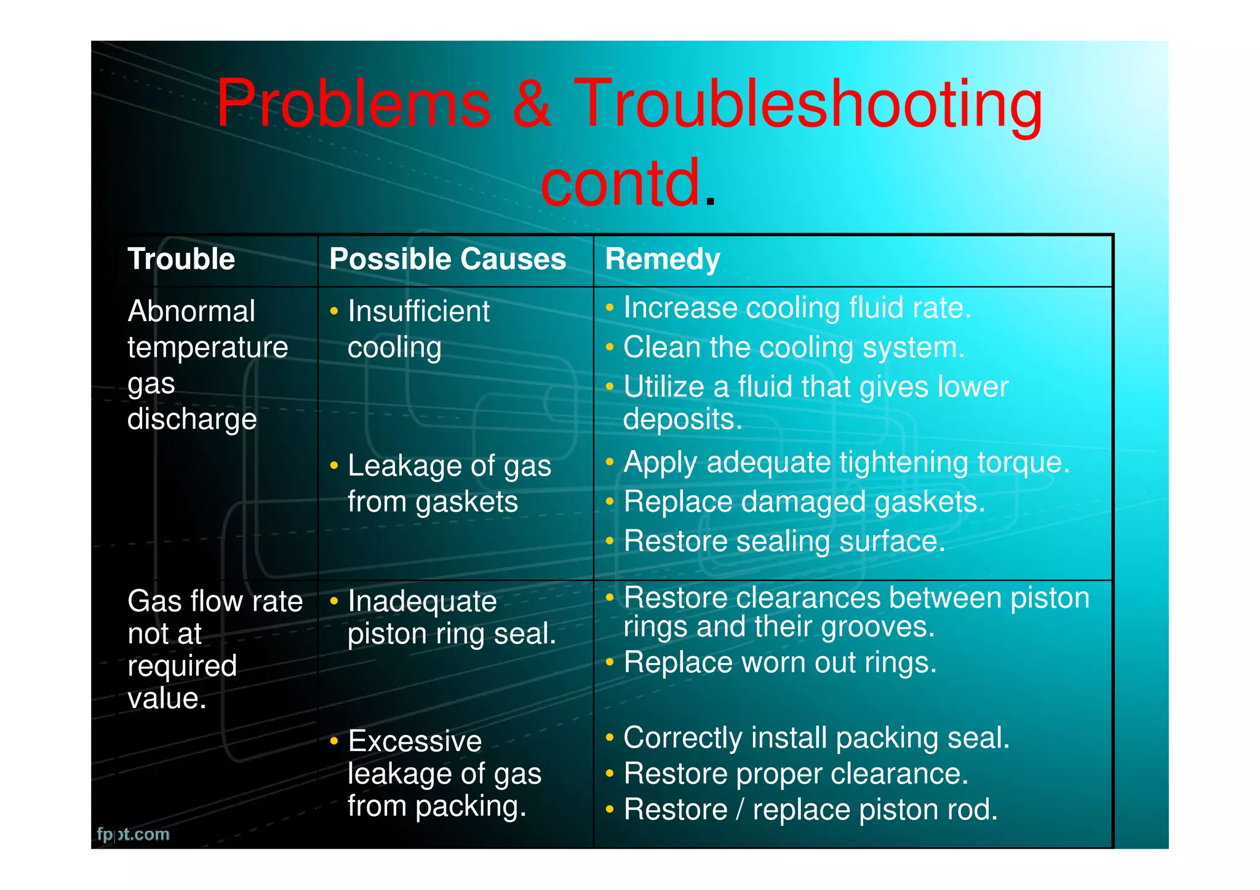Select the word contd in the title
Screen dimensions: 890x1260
(620, 183)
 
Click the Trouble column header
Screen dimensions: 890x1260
(181, 259)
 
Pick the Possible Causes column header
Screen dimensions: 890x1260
(447, 259)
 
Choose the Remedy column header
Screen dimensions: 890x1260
(662, 259)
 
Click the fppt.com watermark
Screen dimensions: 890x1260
(133, 834)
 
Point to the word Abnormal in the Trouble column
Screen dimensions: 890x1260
(191, 311)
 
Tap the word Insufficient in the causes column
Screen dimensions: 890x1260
(418, 311)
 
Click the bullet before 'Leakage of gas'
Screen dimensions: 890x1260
(334, 466)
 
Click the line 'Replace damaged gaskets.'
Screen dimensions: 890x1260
(803, 502)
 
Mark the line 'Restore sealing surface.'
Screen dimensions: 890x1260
(784, 542)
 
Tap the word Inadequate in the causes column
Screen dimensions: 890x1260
(422, 602)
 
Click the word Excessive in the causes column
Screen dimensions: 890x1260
(415, 741)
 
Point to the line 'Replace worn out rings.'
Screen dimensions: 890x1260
(780, 663)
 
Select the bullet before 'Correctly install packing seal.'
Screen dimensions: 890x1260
(610, 737)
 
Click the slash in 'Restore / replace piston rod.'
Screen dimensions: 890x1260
(740, 810)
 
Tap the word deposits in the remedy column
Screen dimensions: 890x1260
(682, 419)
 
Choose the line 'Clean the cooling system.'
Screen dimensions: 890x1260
(794, 348)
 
